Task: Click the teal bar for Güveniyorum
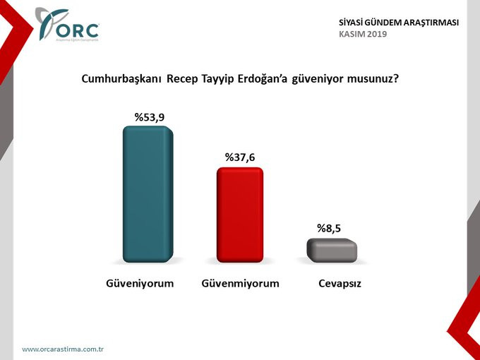coord(148,195)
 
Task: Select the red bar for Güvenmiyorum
coord(239,215)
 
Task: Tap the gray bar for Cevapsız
coord(332,250)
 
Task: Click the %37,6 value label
coord(239,157)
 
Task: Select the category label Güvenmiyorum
coord(241,283)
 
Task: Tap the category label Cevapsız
coord(335,283)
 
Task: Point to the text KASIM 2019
coord(363,34)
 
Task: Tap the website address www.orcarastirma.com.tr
coord(63,349)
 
